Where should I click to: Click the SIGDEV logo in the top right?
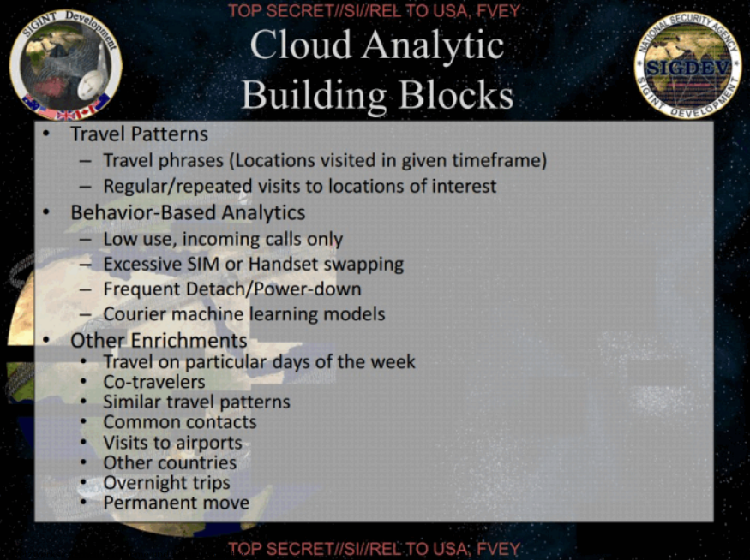[687, 65]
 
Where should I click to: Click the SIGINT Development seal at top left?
[66, 64]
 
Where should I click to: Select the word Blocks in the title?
[456, 93]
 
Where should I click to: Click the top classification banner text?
[374, 10]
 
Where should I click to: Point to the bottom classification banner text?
[374, 549]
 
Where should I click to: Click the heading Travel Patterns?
[139, 134]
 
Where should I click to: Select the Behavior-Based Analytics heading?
[188, 212]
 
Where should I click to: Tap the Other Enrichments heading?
[159, 340]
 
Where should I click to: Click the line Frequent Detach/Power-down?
[232, 289]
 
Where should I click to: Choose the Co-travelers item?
[154, 382]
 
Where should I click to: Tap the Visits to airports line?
[172, 443]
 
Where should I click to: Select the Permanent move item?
[177, 503]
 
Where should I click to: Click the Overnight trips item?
[166, 483]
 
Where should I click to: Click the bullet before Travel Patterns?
[46, 134]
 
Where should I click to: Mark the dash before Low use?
[86, 239]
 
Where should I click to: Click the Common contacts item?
[180, 422]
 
